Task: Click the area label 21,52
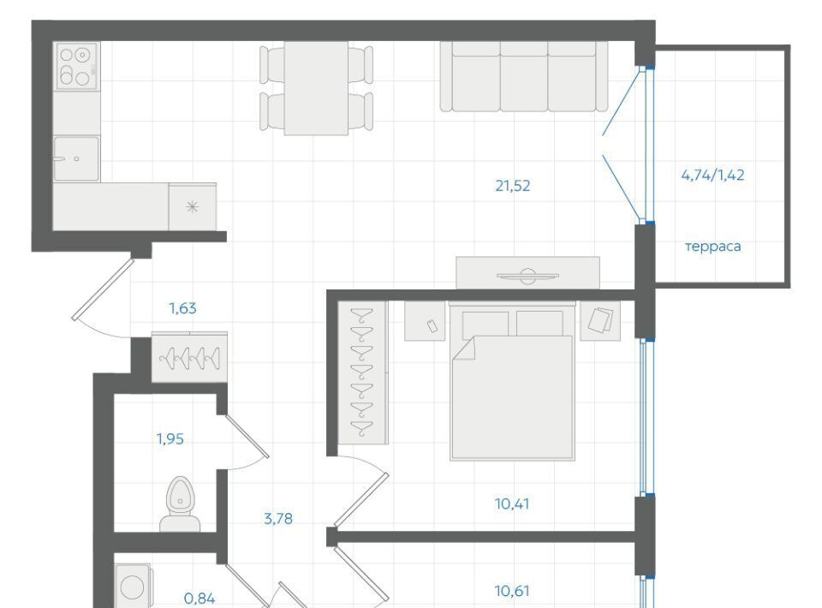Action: click(x=513, y=186)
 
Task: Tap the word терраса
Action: click(x=713, y=247)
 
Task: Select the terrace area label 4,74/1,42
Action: click(x=712, y=175)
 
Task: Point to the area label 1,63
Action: click(x=183, y=308)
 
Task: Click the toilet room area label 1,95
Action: click(x=170, y=438)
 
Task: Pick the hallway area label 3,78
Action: click(x=278, y=519)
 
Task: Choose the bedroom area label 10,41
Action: click(x=512, y=504)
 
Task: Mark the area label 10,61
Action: click(x=512, y=591)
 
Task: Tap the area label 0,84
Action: click(x=200, y=598)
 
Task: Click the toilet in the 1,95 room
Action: click(x=180, y=504)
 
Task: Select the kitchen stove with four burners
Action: click(x=77, y=66)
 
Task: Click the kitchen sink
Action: click(x=76, y=158)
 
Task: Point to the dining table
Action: click(x=316, y=88)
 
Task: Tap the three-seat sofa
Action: click(x=524, y=76)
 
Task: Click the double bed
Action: click(x=512, y=381)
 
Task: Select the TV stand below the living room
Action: click(x=528, y=272)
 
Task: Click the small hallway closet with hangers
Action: click(x=189, y=357)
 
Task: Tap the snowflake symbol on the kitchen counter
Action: click(x=193, y=206)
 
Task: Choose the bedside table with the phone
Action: click(x=425, y=321)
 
